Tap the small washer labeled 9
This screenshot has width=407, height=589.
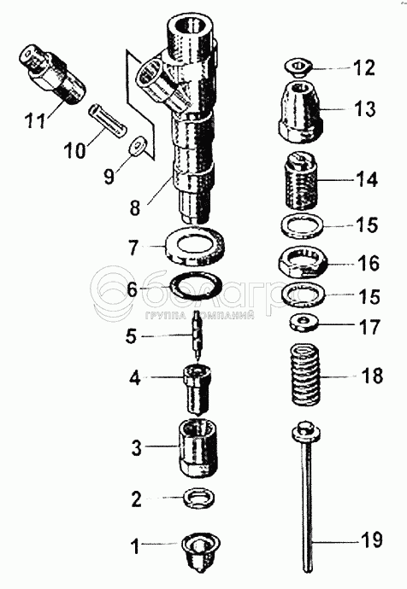[x=138, y=145]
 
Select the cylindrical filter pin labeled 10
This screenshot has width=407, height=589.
[x=107, y=122]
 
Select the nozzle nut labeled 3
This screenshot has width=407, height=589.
[x=198, y=448]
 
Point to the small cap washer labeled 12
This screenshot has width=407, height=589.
[x=298, y=68]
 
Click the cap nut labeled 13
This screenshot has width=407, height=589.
[x=301, y=112]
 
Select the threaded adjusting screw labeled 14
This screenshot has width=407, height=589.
[x=302, y=179]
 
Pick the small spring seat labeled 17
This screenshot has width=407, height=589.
[x=304, y=323]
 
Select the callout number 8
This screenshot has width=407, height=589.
[x=135, y=207]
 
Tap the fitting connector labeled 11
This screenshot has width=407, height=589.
[x=52, y=74]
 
